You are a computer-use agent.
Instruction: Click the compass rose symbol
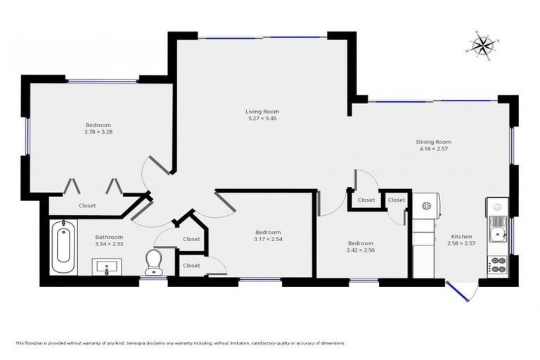pyautogui.click(x=482, y=44)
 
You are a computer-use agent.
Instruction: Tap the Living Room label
pyautogui.click(x=262, y=111)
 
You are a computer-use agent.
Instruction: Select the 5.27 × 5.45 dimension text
pyautogui.click(x=262, y=119)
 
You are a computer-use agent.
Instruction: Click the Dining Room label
pyautogui.click(x=432, y=141)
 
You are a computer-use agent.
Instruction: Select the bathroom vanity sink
pyautogui.click(x=107, y=266)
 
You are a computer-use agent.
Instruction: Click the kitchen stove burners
pyautogui.click(x=499, y=264)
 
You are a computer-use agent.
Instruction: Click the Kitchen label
pyautogui.click(x=461, y=236)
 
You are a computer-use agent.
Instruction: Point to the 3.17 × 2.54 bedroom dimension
pyautogui.click(x=267, y=240)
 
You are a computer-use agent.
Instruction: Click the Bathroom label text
pyautogui.click(x=109, y=237)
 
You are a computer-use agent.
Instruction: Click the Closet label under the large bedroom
pyautogui.click(x=87, y=205)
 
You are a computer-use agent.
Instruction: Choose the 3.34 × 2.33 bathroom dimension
pyautogui.click(x=109, y=244)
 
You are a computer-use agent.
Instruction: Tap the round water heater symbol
pyautogui.click(x=425, y=206)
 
